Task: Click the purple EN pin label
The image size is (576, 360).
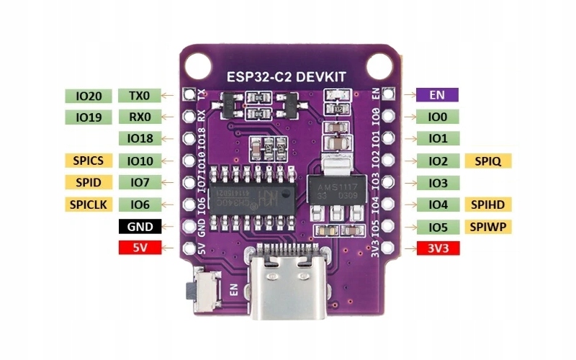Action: point(437,94)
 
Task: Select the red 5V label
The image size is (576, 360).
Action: point(139,248)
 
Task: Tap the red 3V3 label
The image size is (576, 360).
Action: point(438,248)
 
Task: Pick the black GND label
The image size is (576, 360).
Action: point(139,227)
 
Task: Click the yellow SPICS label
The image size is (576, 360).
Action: point(88,161)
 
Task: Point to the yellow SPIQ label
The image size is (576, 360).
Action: point(488,161)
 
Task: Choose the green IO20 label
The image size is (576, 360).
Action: point(88,95)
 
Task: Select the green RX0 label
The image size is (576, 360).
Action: point(139,117)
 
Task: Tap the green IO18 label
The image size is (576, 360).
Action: point(139,138)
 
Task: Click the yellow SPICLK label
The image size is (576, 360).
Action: point(88,204)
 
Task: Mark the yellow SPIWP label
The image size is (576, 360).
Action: point(488,227)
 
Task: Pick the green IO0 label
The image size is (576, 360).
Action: point(438,117)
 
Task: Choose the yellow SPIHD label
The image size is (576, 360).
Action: point(488,204)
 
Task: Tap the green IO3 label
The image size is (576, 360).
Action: point(438,183)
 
